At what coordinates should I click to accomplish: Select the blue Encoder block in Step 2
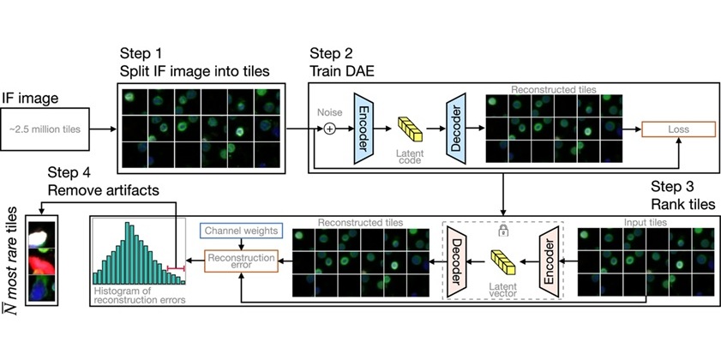pyautogui.click(x=361, y=129)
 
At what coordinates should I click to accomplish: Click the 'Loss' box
pyautogui.click(x=679, y=129)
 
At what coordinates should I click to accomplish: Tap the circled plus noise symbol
pyautogui.click(x=327, y=129)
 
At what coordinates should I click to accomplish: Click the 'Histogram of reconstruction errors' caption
pyautogui.click(x=139, y=297)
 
